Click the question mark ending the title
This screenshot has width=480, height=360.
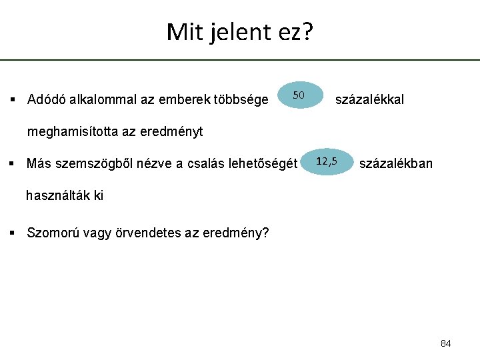pos(306,31)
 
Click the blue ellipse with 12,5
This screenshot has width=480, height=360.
pos(327,162)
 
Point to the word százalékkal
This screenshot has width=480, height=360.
pos(369,100)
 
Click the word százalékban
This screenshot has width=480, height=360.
pos(395,163)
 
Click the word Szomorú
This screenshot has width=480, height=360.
pos(50,233)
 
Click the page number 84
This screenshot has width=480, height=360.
pos(446,343)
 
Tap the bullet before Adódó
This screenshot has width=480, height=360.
pos(12,101)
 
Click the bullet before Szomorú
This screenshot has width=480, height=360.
pos(12,233)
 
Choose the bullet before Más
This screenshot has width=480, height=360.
pos(12,163)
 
